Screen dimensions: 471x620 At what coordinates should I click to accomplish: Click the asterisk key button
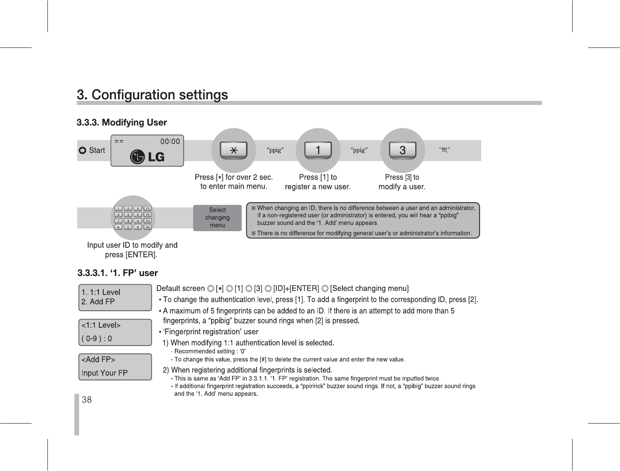234,150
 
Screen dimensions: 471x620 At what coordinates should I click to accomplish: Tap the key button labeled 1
318,150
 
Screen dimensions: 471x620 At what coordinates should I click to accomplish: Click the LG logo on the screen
147,157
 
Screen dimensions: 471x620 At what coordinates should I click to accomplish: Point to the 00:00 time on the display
170,141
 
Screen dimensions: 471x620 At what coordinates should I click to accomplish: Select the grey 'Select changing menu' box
217,218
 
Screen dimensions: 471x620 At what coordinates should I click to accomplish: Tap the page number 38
87,400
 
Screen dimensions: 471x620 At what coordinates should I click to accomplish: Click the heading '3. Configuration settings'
152,95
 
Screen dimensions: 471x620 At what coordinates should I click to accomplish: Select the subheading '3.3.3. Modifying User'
122,123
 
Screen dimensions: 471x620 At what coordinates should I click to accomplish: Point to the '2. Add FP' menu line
98,302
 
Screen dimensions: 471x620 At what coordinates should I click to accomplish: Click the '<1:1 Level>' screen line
101,325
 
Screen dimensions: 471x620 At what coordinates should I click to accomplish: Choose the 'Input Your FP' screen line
104,373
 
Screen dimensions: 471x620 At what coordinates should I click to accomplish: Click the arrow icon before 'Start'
82,150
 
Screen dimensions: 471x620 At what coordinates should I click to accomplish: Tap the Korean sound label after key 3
445,150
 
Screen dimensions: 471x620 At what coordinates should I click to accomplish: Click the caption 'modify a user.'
402,187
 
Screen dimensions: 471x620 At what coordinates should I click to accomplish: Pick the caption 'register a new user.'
318,187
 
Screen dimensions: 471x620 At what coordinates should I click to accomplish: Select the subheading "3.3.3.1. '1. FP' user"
118,273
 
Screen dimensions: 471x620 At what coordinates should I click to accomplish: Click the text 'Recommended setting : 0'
210,351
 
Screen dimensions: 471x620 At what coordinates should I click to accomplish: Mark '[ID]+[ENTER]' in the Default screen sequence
296,289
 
